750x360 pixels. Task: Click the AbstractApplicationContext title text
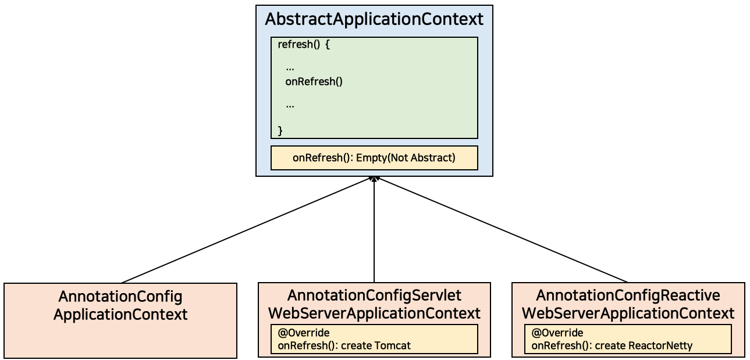(x=374, y=19)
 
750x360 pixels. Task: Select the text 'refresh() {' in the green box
(x=304, y=45)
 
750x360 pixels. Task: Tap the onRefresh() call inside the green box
(x=314, y=81)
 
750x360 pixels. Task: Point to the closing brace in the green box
(x=280, y=130)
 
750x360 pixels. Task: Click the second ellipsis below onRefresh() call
(x=290, y=106)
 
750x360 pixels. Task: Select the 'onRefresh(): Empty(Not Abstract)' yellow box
(x=374, y=158)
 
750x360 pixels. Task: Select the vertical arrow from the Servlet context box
(x=374, y=233)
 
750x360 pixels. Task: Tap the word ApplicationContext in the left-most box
(x=120, y=315)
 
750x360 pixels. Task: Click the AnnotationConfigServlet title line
(x=374, y=295)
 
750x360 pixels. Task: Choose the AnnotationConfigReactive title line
(x=628, y=295)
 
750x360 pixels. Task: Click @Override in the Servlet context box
(x=304, y=333)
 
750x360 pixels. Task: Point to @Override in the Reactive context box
(x=557, y=333)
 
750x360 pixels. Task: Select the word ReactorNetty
(x=660, y=345)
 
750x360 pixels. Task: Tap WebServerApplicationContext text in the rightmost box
(x=628, y=313)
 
